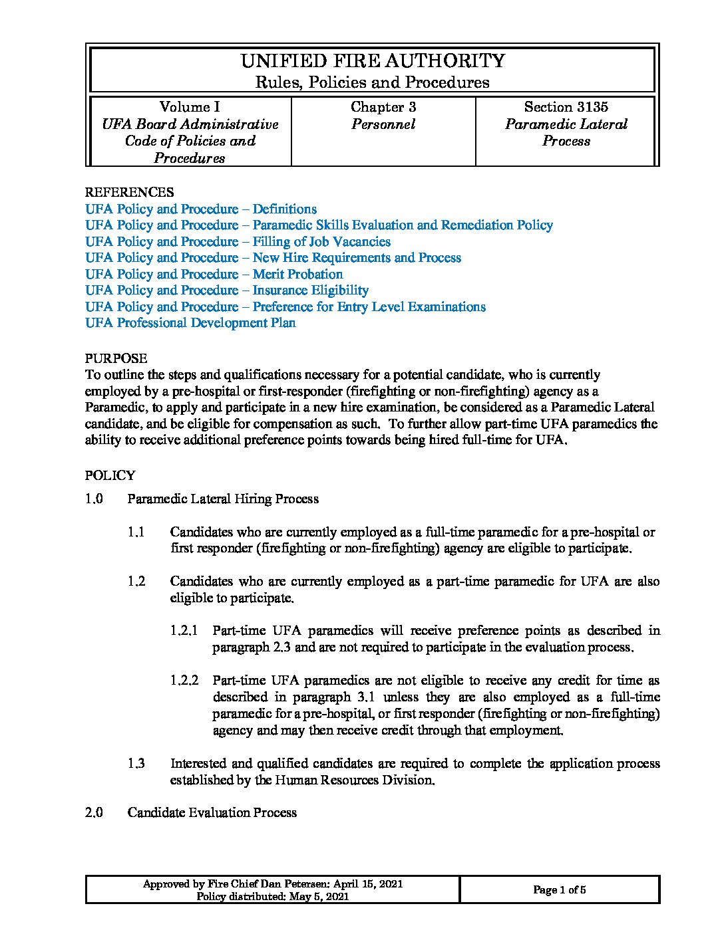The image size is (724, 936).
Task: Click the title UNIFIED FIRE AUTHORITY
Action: point(373,61)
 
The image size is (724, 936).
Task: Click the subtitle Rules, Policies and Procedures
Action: point(373,82)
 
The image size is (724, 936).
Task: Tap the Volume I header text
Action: point(190,107)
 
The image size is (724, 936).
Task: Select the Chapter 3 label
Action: point(383,107)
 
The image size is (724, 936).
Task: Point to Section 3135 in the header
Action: point(566,107)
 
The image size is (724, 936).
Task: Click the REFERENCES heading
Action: point(129,192)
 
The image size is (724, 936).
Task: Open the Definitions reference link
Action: point(201,209)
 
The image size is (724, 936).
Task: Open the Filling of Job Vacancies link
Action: point(238,241)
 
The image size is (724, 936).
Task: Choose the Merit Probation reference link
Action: point(214,274)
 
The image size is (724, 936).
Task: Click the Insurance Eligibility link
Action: point(226,290)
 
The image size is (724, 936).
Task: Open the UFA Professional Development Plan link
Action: point(190,322)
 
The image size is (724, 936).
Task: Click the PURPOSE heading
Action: point(116,358)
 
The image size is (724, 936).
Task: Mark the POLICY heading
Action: point(110,475)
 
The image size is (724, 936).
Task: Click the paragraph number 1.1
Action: point(136,532)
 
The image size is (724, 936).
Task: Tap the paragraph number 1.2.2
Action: point(184,680)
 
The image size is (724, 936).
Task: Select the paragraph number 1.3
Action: point(136,763)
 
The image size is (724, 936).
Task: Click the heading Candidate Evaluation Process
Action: point(212,812)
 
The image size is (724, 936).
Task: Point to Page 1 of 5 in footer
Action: point(559,890)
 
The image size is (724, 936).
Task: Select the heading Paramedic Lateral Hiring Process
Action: point(223,499)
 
